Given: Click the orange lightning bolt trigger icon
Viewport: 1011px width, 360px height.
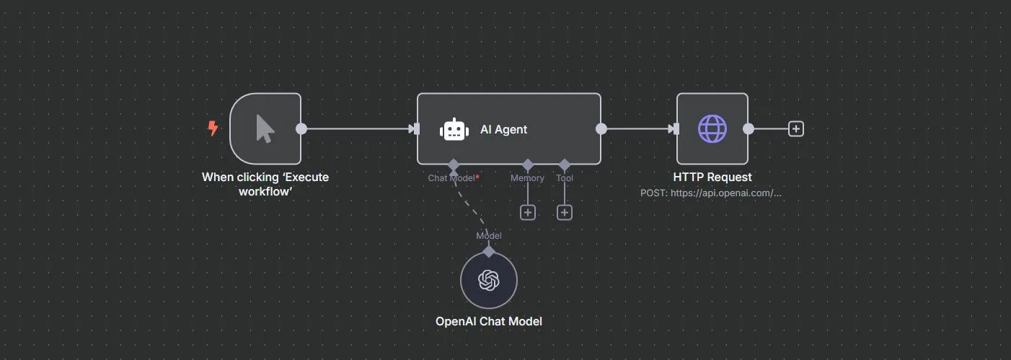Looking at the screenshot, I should click(x=213, y=128).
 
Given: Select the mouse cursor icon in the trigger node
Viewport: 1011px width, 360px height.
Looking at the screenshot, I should click(x=265, y=129).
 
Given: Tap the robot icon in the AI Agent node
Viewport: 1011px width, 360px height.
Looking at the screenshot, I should click(x=454, y=129).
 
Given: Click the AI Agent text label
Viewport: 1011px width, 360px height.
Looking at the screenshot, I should click(x=503, y=130).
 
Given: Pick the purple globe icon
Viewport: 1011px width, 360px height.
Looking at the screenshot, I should click(x=712, y=129).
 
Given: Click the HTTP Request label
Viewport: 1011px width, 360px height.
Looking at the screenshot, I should click(x=712, y=177).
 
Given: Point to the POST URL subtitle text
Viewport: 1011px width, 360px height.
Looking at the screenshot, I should click(x=711, y=193).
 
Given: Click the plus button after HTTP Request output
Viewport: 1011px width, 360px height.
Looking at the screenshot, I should click(x=795, y=129).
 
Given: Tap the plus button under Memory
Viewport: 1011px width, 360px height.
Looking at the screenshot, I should click(x=528, y=212).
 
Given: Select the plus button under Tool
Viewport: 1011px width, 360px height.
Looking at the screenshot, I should click(x=565, y=212).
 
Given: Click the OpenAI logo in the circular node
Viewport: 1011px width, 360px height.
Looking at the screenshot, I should click(x=489, y=280).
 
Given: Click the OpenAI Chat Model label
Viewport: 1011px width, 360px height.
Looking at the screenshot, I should click(x=488, y=321).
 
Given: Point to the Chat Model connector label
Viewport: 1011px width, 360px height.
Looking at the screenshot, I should click(x=453, y=177).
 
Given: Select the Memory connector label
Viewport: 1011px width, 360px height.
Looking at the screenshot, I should click(x=527, y=177).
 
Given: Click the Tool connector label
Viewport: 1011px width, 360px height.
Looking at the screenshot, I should click(x=565, y=177).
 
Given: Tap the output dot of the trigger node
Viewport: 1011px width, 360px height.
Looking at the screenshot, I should click(x=301, y=129).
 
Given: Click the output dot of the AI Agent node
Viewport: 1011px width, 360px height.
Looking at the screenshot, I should click(x=601, y=129).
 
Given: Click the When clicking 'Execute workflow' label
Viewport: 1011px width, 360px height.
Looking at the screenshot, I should click(x=265, y=184).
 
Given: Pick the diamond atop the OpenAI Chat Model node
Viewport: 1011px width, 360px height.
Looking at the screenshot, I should click(x=489, y=251).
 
